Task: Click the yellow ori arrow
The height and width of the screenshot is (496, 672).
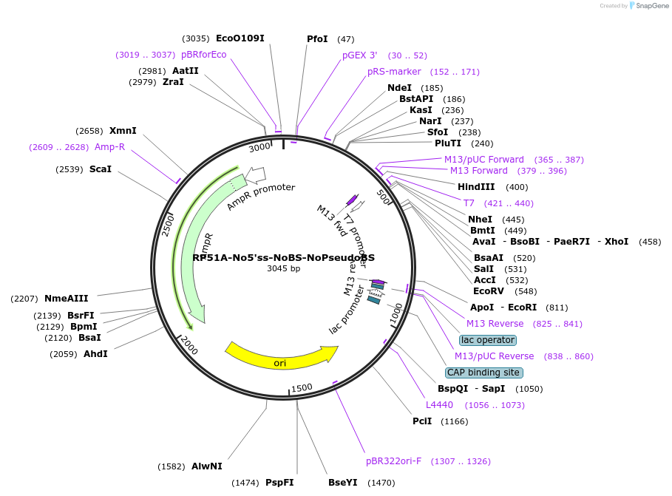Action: (280, 356)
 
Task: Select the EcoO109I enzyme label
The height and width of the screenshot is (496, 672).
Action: (240, 38)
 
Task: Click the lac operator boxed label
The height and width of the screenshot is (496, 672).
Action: (487, 340)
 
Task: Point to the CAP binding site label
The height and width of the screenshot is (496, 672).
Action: (483, 373)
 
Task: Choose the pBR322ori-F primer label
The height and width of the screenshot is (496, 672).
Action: (393, 461)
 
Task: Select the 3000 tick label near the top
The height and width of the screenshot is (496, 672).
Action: (259, 147)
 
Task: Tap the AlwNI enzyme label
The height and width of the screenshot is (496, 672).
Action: (206, 466)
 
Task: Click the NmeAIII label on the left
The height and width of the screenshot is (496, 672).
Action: (66, 299)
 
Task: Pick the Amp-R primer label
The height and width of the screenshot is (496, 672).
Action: (109, 147)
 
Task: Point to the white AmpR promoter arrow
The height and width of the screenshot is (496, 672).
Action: (256, 174)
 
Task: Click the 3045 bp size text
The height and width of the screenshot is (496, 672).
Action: (284, 269)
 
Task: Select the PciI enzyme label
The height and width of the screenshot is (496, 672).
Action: (424, 421)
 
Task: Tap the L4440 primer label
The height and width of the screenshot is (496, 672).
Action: (439, 405)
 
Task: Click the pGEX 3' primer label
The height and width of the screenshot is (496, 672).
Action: (359, 55)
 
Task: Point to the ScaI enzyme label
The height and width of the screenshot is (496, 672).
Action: (100, 169)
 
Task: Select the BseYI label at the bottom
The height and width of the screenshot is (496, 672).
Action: (343, 483)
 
